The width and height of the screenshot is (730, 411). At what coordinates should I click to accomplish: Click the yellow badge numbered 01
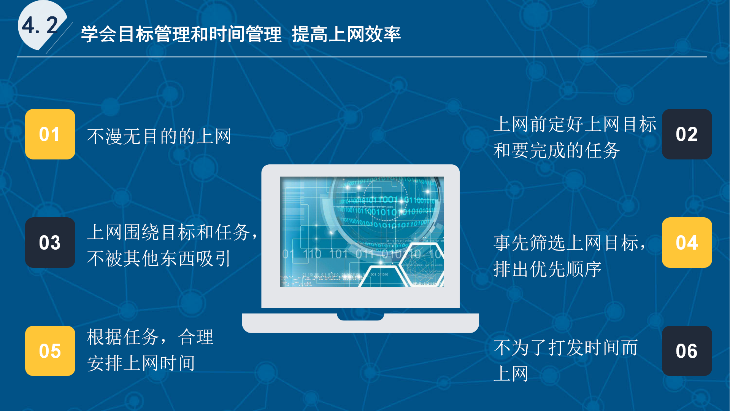[50, 134]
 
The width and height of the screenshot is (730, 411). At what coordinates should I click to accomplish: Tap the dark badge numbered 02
[687, 134]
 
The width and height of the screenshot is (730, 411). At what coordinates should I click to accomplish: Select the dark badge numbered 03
[50, 242]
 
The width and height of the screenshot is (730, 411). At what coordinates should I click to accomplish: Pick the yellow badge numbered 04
[687, 242]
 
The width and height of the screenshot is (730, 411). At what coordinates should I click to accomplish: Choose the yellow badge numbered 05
[50, 351]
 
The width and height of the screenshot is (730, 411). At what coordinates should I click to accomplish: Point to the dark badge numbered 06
[687, 351]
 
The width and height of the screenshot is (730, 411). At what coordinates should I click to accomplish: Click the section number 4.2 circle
[41, 25]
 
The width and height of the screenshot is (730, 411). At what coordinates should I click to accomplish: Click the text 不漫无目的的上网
[159, 136]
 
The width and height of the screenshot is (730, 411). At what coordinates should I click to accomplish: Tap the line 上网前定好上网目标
[575, 124]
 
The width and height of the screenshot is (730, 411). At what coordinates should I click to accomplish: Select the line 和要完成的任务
[557, 150]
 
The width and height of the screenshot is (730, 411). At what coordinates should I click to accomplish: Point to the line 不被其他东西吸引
[159, 259]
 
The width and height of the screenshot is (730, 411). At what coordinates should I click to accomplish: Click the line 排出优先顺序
[547, 269]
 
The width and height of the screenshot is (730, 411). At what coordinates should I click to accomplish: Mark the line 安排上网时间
[141, 363]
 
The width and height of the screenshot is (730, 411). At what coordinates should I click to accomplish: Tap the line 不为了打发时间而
[565, 347]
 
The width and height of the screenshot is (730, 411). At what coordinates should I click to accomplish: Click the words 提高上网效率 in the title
[346, 34]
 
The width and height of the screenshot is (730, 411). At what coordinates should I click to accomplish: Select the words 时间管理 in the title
[245, 34]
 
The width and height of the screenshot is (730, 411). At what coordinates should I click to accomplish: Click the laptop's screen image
[362, 232]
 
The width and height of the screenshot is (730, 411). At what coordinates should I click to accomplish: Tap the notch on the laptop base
[360, 317]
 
